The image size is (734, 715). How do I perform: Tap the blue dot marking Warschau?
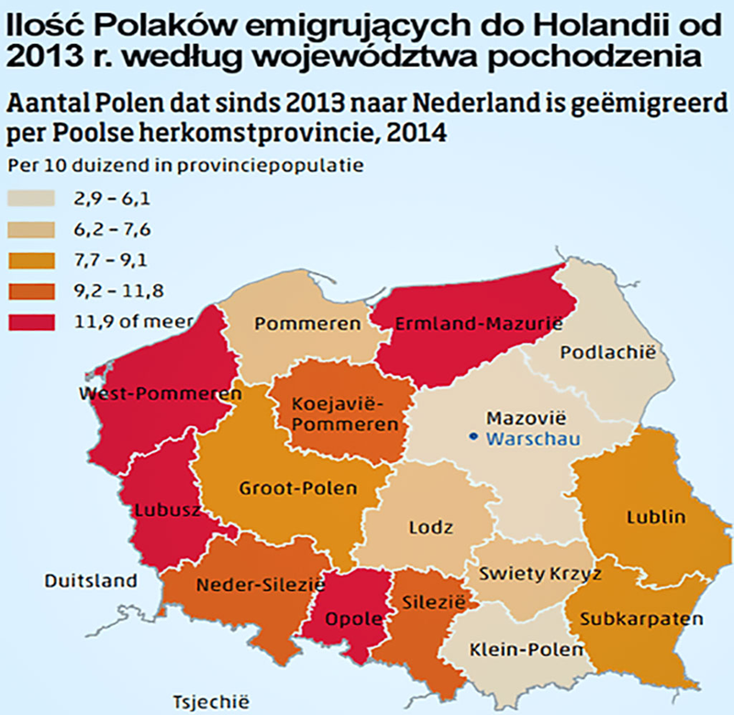click(473, 438)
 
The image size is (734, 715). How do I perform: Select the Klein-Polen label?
click(526, 650)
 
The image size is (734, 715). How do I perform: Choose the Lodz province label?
click(425, 528)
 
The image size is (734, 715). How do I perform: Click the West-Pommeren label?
click(160, 394)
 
